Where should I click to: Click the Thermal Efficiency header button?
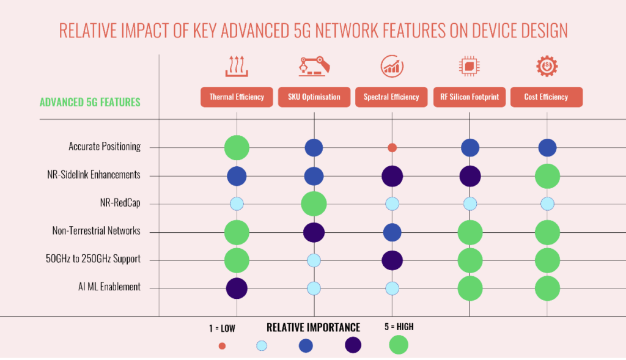(237, 97)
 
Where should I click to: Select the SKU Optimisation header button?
(314, 97)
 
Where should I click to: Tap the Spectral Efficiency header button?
(391, 97)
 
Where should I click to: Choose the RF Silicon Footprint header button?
(469, 97)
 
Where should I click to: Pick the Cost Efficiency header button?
(546, 97)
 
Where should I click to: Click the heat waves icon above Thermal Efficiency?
(237, 66)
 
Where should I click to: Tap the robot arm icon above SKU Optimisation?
(314, 66)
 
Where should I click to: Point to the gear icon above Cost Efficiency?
(546, 66)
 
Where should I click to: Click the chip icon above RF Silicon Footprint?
(469, 66)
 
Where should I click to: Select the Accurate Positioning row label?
(105, 147)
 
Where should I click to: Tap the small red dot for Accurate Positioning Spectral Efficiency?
(392, 147)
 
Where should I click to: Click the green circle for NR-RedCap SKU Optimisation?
(314, 204)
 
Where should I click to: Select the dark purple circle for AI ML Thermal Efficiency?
(237, 288)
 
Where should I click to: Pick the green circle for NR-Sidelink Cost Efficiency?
(547, 176)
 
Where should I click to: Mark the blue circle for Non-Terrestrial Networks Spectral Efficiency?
(392, 232)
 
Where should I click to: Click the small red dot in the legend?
(222, 346)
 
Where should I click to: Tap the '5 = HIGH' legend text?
(397, 327)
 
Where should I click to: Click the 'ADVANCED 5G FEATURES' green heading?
(90, 102)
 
